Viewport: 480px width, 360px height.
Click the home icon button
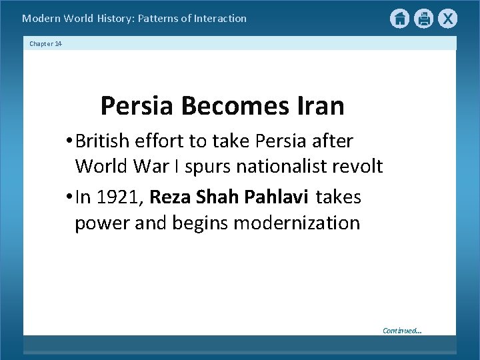tap(399, 19)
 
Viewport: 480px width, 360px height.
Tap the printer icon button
tap(423, 19)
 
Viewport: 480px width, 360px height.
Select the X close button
tap(447, 19)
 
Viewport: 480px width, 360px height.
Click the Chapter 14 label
tap(45, 43)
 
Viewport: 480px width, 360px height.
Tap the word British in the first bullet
tap(103, 142)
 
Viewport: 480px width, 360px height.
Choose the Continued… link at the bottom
tap(401, 330)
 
